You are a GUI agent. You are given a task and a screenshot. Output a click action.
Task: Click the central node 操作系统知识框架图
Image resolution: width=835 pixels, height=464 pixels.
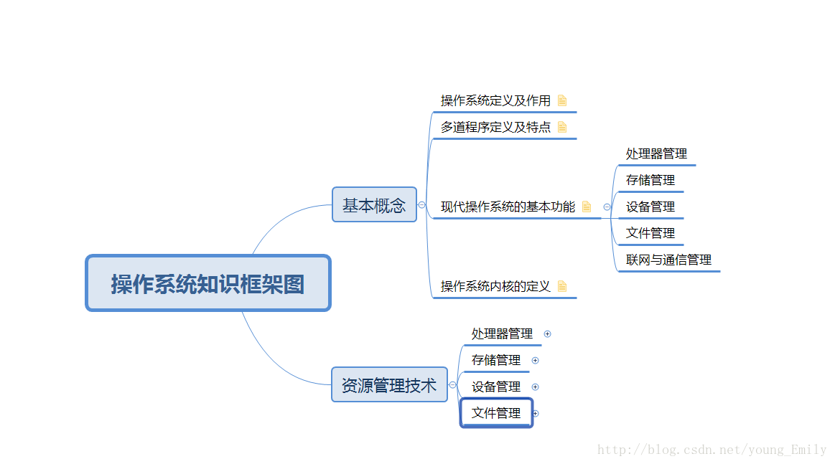tap(207, 283)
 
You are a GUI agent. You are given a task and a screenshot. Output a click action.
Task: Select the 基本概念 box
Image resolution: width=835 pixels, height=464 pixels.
tap(374, 205)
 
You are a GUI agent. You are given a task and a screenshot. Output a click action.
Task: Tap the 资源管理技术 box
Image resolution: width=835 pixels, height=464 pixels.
tap(389, 385)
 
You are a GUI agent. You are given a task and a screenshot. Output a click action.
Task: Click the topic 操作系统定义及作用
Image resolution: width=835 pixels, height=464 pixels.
tap(495, 100)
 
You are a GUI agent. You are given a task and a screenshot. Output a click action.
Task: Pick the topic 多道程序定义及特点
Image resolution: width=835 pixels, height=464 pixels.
tap(495, 127)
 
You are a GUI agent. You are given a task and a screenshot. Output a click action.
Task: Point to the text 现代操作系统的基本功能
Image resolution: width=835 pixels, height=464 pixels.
tap(508, 207)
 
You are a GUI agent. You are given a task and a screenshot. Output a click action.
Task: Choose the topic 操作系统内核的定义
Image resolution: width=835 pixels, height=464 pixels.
tap(495, 286)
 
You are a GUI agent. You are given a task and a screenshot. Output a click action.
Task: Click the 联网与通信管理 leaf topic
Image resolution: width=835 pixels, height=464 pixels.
tap(668, 260)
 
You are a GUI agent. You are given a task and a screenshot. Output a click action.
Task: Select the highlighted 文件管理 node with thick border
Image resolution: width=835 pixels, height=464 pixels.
tap(496, 413)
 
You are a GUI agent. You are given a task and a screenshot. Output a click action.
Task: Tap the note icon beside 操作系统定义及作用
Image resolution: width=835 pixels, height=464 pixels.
tap(562, 100)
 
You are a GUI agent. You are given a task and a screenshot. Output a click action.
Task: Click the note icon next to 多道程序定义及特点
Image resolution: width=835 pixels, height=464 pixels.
tap(562, 127)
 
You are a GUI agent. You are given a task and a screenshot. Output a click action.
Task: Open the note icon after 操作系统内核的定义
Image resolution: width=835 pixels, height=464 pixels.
tap(562, 286)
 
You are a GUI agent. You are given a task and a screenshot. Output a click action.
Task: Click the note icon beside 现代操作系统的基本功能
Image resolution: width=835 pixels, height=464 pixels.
tap(587, 207)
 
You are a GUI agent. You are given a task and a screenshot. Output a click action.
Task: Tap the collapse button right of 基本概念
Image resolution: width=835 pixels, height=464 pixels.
tap(421, 205)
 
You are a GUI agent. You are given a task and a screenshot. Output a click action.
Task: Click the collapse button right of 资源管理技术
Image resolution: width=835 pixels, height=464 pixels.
tap(452, 385)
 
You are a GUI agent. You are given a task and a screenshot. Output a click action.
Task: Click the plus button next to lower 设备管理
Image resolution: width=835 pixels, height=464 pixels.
tap(535, 387)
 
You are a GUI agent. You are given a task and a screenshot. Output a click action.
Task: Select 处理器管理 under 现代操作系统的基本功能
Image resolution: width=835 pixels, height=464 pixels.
tap(656, 153)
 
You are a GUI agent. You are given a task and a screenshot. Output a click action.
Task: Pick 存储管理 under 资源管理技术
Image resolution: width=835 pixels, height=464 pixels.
tap(496, 360)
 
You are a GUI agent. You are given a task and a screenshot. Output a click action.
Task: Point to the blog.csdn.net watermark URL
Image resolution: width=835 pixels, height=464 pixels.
tap(712, 450)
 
